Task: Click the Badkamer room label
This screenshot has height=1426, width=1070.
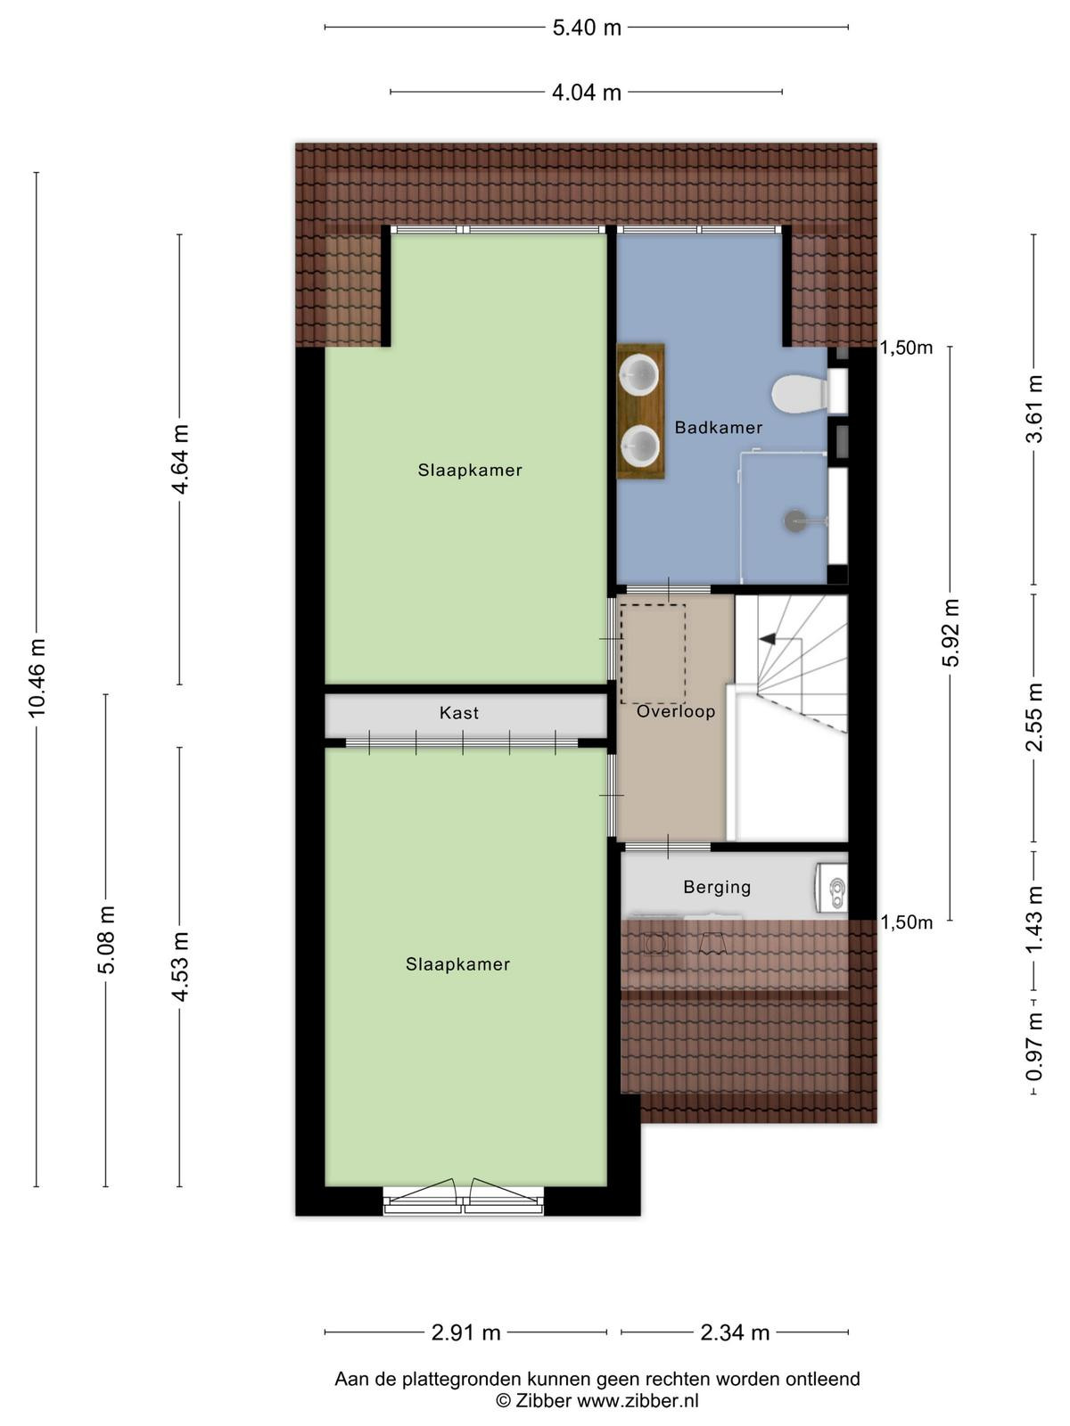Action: (718, 428)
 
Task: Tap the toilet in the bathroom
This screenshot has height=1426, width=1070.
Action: (799, 393)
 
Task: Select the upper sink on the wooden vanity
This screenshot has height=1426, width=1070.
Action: (639, 376)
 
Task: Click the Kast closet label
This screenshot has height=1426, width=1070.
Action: (458, 713)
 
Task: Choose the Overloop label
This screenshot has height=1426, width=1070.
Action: (676, 711)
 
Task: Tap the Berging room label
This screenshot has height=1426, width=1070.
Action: (717, 887)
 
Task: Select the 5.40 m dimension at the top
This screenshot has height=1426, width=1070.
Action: (587, 28)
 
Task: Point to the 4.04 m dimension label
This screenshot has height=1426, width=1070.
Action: (587, 93)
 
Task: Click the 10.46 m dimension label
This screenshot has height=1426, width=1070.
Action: (37, 677)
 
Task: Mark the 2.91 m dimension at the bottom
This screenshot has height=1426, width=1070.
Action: (465, 1333)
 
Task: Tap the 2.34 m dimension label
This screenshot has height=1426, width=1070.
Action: (735, 1333)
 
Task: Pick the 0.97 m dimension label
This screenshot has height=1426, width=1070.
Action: (1033, 1046)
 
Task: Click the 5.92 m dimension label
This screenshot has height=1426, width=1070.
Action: (951, 633)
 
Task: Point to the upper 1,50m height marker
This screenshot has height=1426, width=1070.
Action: (906, 348)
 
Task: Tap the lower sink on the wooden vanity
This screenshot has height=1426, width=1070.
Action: (639, 447)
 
